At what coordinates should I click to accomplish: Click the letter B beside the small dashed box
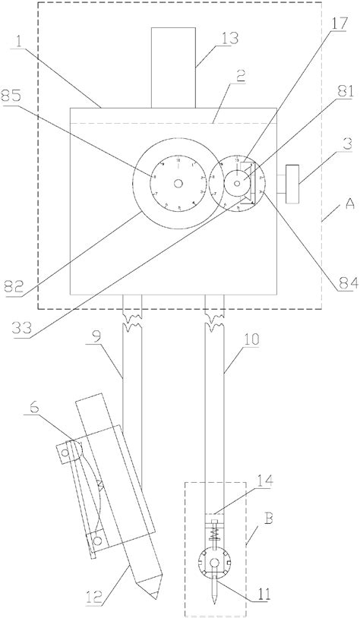(x=250, y=541)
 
